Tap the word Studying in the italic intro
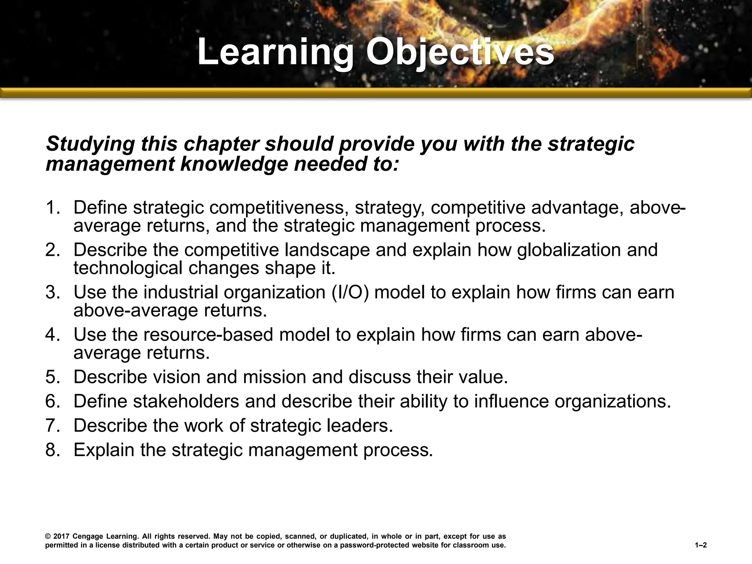click(90, 144)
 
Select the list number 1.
click(53, 207)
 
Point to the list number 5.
click(53, 377)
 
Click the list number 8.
click(53, 449)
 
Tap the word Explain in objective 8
click(104, 449)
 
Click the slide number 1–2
click(701, 546)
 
